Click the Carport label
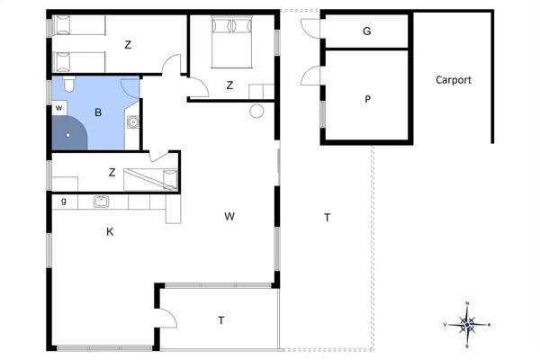(x=454, y=80)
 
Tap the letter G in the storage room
(x=367, y=31)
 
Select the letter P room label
(x=367, y=99)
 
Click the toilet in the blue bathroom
(x=69, y=84)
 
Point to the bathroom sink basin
(x=133, y=121)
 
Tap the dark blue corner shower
(x=69, y=132)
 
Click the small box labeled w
(x=59, y=108)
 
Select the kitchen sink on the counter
(x=101, y=202)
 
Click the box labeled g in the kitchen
(x=64, y=202)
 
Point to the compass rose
(x=466, y=325)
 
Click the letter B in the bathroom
(x=98, y=112)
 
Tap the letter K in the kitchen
(x=110, y=232)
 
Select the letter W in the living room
(x=229, y=216)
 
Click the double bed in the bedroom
(x=232, y=41)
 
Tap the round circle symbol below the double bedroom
(x=256, y=112)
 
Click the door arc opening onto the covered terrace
(x=172, y=314)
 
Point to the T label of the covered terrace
(x=221, y=320)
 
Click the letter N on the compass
(x=467, y=303)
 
